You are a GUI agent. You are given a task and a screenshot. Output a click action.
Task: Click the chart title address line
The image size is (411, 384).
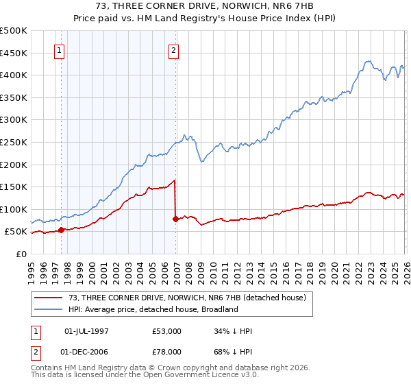click(x=206, y=7)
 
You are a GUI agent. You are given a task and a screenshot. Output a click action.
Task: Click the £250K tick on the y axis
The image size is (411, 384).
click(x=14, y=142)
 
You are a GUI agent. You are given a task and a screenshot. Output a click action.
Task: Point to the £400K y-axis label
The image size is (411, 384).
click(x=14, y=75)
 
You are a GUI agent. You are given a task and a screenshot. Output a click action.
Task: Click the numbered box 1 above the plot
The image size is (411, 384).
click(x=60, y=50)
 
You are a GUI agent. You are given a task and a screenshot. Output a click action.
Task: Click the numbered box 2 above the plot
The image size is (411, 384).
click(x=174, y=50)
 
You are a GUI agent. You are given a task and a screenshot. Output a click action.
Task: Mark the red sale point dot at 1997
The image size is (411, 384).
click(x=62, y=230)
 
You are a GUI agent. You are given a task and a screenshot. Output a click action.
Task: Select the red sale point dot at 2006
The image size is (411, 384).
click(x=176, y=219)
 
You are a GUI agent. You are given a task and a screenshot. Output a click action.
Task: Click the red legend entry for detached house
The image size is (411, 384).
click(x=191, y=298)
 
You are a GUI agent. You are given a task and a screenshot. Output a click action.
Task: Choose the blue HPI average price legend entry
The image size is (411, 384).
click(x=153, y=309)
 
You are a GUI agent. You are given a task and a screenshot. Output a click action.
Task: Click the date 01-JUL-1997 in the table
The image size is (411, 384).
click(x=86, y=331)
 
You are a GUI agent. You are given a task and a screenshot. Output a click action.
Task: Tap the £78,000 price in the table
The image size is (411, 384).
click(x=167, y=352)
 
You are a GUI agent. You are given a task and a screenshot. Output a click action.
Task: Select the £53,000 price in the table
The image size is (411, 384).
click(x=167, y=331)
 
